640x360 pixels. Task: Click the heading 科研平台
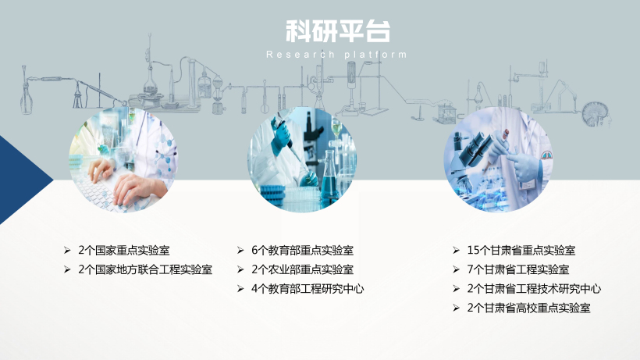(337, 31)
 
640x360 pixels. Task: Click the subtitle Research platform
(336, 55)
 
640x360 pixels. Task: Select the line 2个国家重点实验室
(123, 250)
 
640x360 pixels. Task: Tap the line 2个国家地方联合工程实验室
(145, 269)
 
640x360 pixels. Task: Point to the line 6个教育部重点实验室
(302, 250)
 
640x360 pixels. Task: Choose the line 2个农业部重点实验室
(302, 269)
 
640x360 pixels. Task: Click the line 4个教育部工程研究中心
(308, 289)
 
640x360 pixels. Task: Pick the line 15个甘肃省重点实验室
(521, 250)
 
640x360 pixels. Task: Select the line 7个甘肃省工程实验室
(518, 269)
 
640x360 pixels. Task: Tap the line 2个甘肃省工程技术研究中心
(534, 289)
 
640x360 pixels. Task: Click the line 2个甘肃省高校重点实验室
(528, 308)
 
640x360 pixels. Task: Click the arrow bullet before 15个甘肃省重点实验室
(457, 250)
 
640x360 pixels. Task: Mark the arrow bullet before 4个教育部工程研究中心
(240, 289)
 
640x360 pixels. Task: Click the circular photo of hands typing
(123, 159)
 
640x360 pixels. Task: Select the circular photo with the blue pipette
(302, 159)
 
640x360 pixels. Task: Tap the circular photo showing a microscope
(499, 159)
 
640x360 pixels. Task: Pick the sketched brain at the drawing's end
(596, 114)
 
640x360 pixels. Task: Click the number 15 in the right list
(473, 250)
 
